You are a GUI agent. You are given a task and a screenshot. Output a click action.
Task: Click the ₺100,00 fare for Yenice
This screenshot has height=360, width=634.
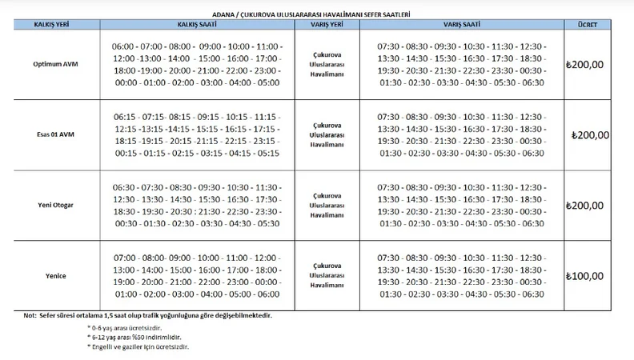point(584,276)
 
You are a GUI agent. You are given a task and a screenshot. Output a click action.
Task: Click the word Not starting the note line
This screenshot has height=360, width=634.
point(30,315)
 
